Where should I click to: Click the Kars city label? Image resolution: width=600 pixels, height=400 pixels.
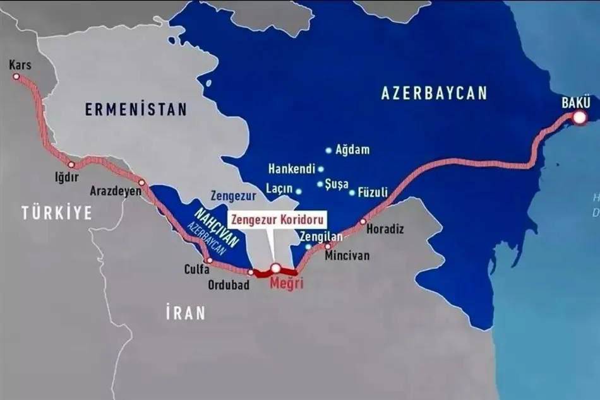coord(20,64)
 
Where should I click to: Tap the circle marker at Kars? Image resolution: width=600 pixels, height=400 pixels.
coord(16,77)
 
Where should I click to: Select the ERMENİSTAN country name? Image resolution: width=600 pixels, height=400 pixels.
coord(136,109)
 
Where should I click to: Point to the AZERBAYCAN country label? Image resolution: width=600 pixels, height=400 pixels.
coord(434,93)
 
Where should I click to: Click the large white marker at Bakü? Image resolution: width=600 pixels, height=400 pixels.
coord(579,117)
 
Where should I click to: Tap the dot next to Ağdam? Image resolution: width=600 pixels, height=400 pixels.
coord(328,150)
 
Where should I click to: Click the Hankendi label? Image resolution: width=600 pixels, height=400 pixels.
coord(291,169)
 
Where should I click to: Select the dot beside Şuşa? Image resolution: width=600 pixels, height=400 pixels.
coord(320,184)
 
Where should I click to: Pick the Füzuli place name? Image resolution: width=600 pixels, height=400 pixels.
coord(373,192)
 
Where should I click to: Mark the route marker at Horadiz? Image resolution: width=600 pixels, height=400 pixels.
coord(363,221)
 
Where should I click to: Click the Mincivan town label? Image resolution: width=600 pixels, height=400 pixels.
coord(347,256)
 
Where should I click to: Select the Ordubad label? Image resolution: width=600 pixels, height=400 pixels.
coord(229,285)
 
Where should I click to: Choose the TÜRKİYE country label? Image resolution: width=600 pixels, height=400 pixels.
coord(56,213)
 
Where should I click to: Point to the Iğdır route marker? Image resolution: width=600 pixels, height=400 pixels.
coord(71,165)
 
